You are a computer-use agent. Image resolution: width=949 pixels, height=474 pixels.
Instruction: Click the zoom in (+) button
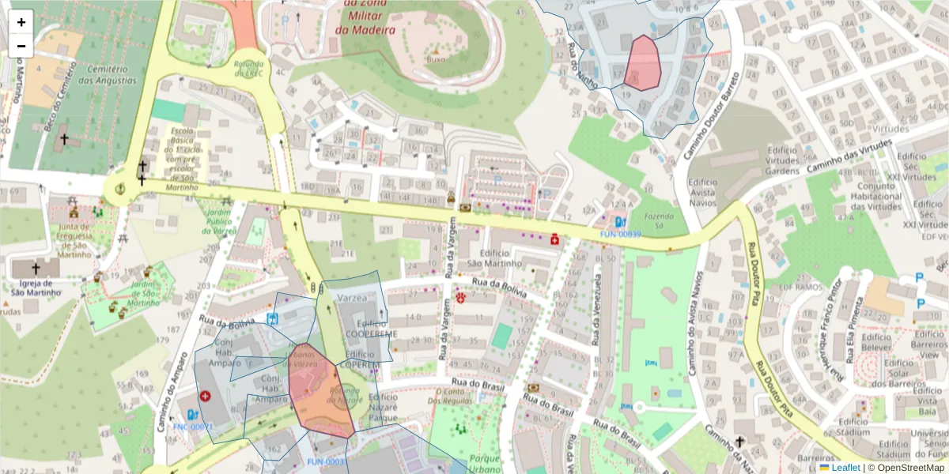click(x=21, y=22)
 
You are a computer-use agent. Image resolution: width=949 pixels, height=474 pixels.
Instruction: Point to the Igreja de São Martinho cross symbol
click(x=36, y=269)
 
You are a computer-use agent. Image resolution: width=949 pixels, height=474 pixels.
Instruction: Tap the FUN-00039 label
click(x=620, y=235)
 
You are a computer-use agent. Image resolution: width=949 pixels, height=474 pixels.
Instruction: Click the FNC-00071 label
click(x=193, y=427)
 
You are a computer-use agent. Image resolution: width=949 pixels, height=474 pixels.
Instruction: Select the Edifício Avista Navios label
click(x=703, y=192)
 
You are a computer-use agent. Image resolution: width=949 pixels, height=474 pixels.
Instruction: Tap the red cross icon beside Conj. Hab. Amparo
click(x=206, y=395)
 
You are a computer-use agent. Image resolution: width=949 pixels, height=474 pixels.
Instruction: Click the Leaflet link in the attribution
click(x=845, y=468)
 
